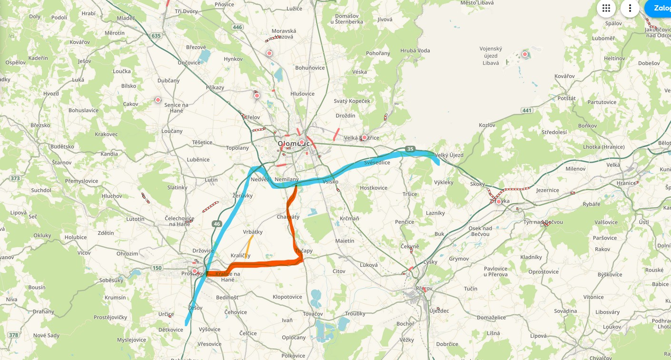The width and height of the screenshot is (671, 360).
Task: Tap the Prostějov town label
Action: tap(192, 274)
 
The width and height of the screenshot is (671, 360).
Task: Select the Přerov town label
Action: tap(424, 289)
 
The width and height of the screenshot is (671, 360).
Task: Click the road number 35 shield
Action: tap(410, 149)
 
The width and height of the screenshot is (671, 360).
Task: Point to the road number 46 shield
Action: tap(217, 224)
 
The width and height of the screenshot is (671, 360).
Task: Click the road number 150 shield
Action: tap(157, 268)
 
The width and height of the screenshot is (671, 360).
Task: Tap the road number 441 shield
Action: tap(526, 110)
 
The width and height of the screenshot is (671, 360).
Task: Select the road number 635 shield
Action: tap(156, 36)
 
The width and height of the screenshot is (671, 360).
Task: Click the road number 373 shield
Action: tap(15, 178)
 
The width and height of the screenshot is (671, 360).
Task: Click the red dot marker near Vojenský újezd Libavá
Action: tap(525, 54)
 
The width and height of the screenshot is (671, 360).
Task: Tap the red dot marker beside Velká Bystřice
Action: tap(365, 137)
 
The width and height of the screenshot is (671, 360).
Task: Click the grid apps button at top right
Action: tap(606, 8)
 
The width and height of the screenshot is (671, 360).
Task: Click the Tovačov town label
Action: tap(313, 314)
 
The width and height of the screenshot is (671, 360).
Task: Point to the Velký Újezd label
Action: tap(449, 155)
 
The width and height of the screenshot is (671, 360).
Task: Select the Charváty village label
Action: tap(288, 217)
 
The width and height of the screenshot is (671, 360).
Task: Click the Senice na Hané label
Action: tap(176, 107)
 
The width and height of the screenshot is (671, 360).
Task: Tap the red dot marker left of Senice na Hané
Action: tap(158, 100)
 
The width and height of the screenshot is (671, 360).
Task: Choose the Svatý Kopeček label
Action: tap(352, 101)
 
